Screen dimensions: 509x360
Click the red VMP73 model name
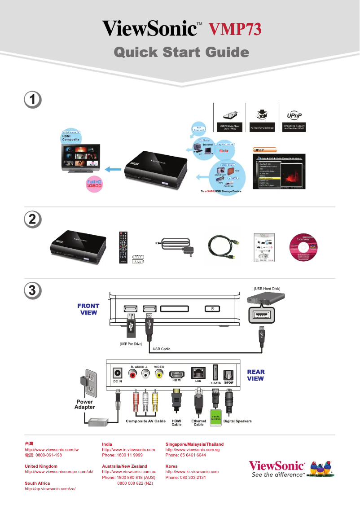point(235,29)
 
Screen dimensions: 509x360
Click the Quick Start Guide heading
point(181,53)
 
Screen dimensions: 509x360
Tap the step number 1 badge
point(33,100)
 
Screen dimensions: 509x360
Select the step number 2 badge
point(33,219)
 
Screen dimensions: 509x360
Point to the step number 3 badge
point(33,290)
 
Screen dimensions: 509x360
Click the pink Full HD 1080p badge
point(94,184)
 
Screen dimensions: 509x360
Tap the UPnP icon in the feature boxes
point(294,115)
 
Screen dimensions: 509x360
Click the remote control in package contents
point(123,247)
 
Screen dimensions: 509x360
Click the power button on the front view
point(212,309)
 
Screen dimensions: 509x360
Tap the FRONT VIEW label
point(88,309)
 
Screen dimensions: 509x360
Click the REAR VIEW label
point(255,375)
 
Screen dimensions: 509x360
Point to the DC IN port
point(118,373)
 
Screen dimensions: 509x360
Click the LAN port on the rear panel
point(198,373)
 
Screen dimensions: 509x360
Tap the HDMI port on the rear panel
point(176,374)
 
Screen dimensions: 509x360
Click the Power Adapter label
point(85,404)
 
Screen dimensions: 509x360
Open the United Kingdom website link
point(59,472)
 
